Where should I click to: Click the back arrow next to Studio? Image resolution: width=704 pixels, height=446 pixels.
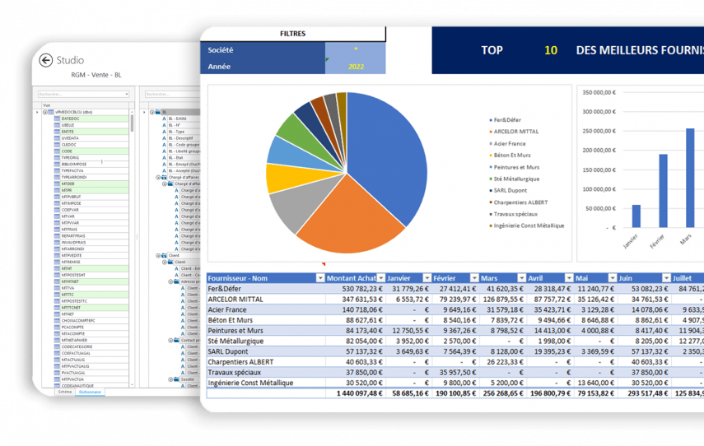pyautogui.click(x=46, y=60)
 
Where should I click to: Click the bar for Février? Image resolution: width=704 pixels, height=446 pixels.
pyautogui.click(x=663, y=190)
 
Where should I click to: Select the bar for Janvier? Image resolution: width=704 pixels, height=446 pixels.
pyautogui.click(x=636, y=216)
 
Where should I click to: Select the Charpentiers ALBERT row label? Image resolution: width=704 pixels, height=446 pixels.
pyautogui.click(x=241, y=362)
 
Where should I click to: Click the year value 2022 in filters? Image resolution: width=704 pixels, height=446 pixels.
pyautogui.click(x=356, y=67)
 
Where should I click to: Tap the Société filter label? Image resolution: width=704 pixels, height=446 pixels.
pyautogui.click(x=221, y=50)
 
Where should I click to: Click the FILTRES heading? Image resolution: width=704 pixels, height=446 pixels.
pyautogui.click(x=292, y=34)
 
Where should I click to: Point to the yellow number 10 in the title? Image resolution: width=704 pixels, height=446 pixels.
pyautogui.click(x=550, y=50)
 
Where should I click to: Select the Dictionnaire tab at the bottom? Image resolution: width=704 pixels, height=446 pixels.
pyautogui.click(x=91, y=392)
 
